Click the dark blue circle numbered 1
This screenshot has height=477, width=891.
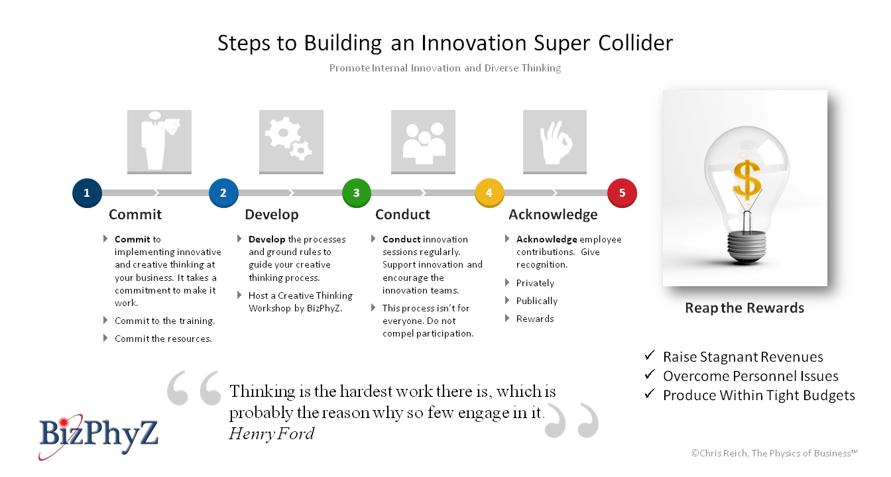tap(87, 193)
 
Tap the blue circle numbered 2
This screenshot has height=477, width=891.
tap(223, 193)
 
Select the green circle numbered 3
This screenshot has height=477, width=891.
tap(357, 193)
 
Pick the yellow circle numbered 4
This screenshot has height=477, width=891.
tap(489, 193)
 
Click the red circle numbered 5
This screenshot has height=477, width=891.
tap(622, 193)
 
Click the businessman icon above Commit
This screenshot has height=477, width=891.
tap(159, 142)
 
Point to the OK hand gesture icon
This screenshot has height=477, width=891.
tap(555, 142)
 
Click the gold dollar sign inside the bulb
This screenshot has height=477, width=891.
tap(747, 180)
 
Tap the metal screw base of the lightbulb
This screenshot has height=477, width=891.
tap(747, 247)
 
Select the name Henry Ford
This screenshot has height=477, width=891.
tap(272, 433)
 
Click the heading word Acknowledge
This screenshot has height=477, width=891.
tap(553, 215)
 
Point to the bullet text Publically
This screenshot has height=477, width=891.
tap(537, 301)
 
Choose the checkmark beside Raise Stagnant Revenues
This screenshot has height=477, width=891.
tap(650, 355)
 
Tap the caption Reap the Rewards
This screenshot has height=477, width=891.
tap(744, 308)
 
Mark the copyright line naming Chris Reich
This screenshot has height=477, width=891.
tap(774, 453)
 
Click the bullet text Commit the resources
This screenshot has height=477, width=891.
tap(163, 339)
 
